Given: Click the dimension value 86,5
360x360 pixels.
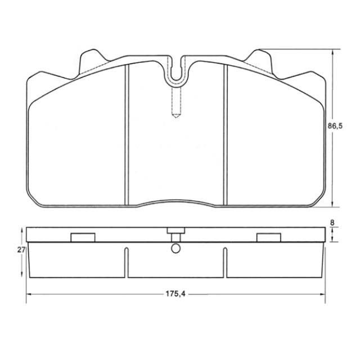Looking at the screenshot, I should click(336, 127).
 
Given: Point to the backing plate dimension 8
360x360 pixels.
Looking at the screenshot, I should click(332, 223).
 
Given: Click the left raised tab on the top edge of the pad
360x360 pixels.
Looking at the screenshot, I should click(92, 60).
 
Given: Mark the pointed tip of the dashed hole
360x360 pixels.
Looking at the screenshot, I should click(176, 116).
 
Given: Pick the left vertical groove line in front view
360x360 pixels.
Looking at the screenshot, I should click(127, 135).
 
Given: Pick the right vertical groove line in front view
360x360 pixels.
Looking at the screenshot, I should click(226, 135).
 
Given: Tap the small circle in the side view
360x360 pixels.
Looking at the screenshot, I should click(176, 248).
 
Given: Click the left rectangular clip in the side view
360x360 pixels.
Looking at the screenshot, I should click(82, 237).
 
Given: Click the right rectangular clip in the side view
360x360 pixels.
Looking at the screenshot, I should click(268, 237).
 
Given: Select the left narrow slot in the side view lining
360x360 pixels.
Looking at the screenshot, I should click(127, 262).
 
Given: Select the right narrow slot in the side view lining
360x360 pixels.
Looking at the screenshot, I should click(226, 262).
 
